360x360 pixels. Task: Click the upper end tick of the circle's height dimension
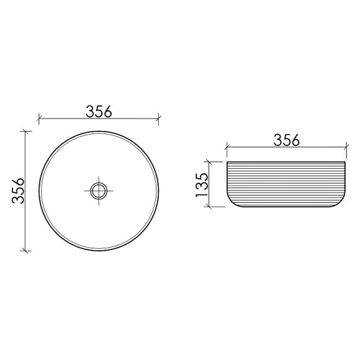pos(25,130)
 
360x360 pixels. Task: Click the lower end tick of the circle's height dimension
pos(25,250)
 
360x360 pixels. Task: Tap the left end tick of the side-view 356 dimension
pos(227,148)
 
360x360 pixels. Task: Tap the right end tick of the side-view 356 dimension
pos(346,148)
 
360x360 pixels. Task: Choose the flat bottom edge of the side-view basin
pos(286,207)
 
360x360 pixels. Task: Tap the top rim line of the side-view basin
pos(286,161)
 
